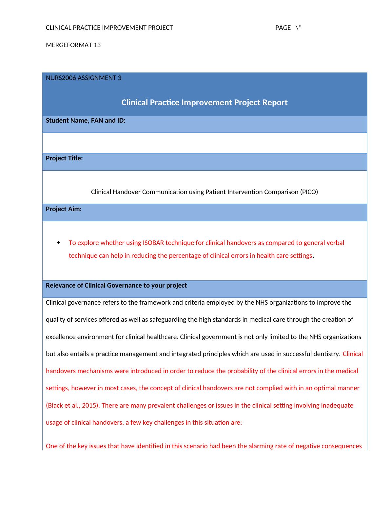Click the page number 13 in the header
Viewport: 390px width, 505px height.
pyautogui.click(x=97, y=45)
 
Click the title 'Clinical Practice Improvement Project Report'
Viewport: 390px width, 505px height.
pyautogui.click(x=205, y=103)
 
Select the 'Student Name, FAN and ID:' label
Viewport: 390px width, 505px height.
pyautogui.click(x=86, y=121)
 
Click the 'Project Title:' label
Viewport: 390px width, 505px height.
pyautogui.click(x=64, y=158)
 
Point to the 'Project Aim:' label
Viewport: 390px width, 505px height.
pyautogui.click(x=64, y=209)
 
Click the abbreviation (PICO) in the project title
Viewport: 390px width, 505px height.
pyautogui.click(x=309, y=192)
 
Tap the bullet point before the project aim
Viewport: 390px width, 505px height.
pyautogui.click(x=59, y=243)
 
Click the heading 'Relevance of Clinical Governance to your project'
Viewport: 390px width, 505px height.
pyautogui.click(x=116, y=286)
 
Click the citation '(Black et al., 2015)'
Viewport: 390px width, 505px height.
pyautogui.click(x=72, y=406)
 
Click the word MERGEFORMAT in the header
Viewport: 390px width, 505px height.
pyautogui.click(x=69, y=45)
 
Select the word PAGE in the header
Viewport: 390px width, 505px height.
pyautogui.click(x=283, y=28)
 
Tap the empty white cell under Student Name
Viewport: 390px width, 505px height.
pyautogui.click(x=205, y=143)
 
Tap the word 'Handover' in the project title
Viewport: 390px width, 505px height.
pyautogui.click(x=126, y=192)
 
